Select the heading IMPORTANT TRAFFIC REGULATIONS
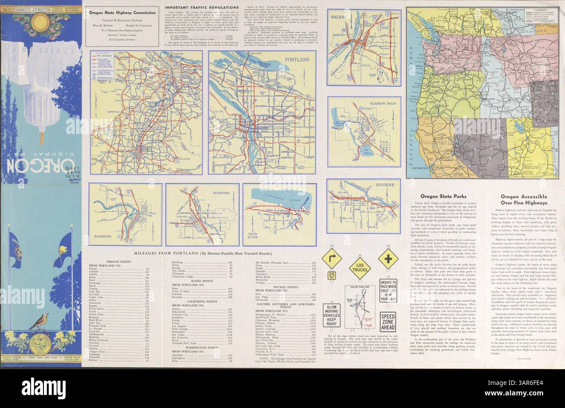[199, 8]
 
